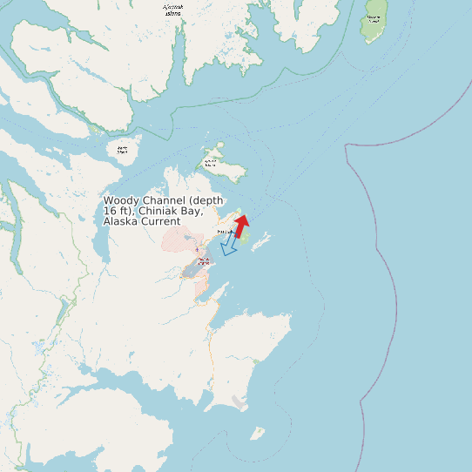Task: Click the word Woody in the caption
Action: (x=122, y=200)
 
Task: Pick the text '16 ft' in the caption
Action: (x=113, y=211)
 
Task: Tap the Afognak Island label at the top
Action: (x=174, y=10)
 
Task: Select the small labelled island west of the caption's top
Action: (x=123, y=150)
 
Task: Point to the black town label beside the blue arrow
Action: (x=225, y=232)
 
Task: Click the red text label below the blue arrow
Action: (x=203, y=260)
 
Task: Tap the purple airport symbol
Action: (x=197, y=250)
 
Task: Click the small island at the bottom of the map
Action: (x=257, y=433)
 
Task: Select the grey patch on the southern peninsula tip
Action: (x=239, y=401)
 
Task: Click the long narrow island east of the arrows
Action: (x=260, y=242)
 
